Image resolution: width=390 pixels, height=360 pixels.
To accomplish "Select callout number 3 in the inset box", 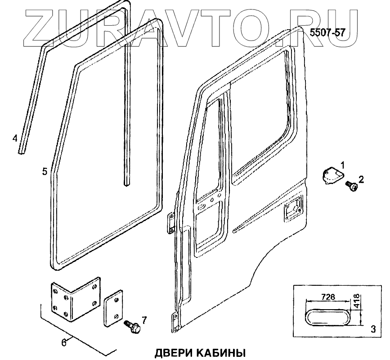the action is (x=372, y=329).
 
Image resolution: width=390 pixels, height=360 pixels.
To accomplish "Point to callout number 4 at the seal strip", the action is (x=15, y=138).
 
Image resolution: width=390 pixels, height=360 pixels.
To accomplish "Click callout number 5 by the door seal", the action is (x=45, y=171).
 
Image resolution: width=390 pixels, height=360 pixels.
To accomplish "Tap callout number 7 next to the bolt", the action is (x=144, y=320).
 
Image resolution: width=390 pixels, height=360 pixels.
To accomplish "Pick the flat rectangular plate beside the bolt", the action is (x=113, y=308).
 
